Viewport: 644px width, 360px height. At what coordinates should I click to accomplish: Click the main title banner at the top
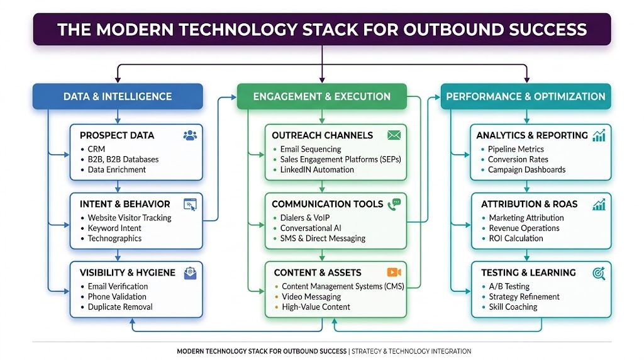point(321,30)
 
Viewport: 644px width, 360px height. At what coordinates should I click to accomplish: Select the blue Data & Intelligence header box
point(118,96)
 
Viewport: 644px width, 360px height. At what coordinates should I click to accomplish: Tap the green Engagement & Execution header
point(321,96)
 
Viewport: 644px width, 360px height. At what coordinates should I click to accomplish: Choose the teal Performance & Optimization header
point(525,96)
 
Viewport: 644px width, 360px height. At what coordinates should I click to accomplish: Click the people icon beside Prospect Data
point(189,135)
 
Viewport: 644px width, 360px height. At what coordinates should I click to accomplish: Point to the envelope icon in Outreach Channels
point(394,135)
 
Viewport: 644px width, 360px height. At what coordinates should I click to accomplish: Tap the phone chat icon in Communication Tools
point(394,204)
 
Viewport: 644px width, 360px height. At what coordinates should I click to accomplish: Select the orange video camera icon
point(394,273)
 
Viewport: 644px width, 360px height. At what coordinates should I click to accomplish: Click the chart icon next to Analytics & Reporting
point(599,135)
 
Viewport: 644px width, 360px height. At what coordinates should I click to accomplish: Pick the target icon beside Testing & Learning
point(599,273)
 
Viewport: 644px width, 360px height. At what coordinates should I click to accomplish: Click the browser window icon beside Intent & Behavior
point(189,204)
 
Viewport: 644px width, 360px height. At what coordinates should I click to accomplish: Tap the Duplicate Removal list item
point(120,307)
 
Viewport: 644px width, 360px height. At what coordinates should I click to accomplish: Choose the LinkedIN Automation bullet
point(317,169)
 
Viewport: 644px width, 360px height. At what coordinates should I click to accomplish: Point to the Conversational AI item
point(313,228)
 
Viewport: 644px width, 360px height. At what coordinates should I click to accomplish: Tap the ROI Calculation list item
point(516,239)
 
